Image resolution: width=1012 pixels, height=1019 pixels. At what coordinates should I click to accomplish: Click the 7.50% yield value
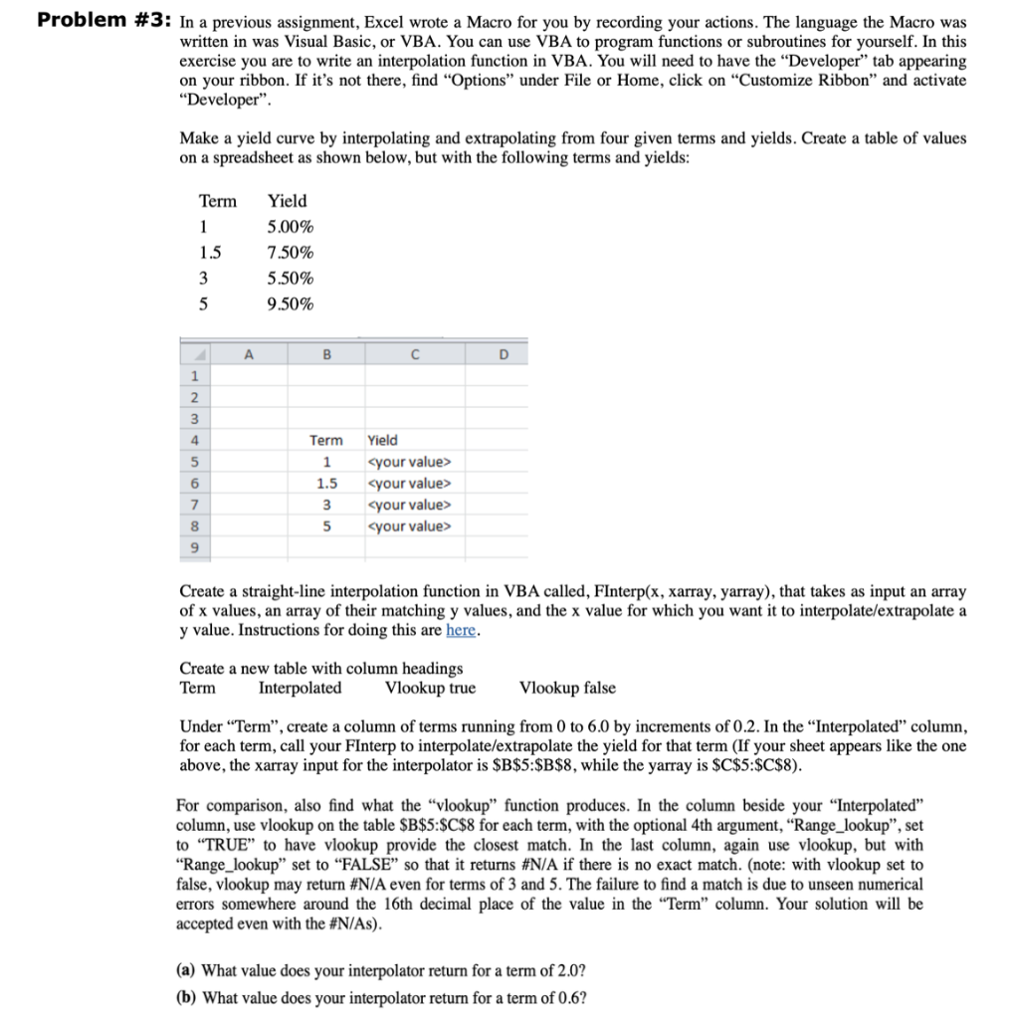291,252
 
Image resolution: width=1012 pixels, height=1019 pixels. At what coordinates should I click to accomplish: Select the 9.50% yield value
291,304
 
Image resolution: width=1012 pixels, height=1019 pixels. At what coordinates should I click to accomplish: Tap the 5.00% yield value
291,226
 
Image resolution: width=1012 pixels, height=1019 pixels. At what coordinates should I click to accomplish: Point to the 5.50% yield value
291,278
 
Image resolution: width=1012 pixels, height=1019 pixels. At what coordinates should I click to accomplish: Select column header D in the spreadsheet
502,351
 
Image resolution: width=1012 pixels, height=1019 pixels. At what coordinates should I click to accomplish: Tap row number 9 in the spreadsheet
195,548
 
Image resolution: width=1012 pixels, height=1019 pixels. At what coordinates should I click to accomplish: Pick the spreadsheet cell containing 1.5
326,484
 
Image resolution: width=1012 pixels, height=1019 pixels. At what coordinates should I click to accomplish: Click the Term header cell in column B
326,440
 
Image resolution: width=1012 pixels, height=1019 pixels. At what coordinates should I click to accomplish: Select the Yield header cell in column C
382,440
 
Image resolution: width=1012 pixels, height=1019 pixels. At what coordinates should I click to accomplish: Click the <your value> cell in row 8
409,526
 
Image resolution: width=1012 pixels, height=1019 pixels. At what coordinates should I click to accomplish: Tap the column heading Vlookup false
567,688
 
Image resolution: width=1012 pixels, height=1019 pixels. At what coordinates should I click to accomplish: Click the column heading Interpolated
300,688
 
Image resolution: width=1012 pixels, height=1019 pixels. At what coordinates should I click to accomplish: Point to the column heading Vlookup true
430,688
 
